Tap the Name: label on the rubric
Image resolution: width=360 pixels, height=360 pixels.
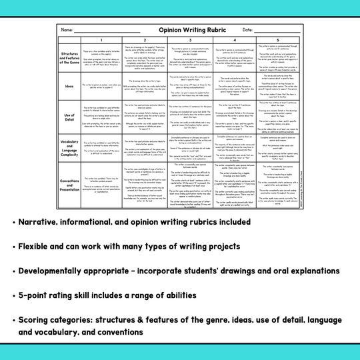67,31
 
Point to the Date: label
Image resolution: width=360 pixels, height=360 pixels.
247,30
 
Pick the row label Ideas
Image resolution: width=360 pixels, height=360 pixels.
68,86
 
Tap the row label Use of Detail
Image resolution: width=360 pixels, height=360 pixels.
68,117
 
